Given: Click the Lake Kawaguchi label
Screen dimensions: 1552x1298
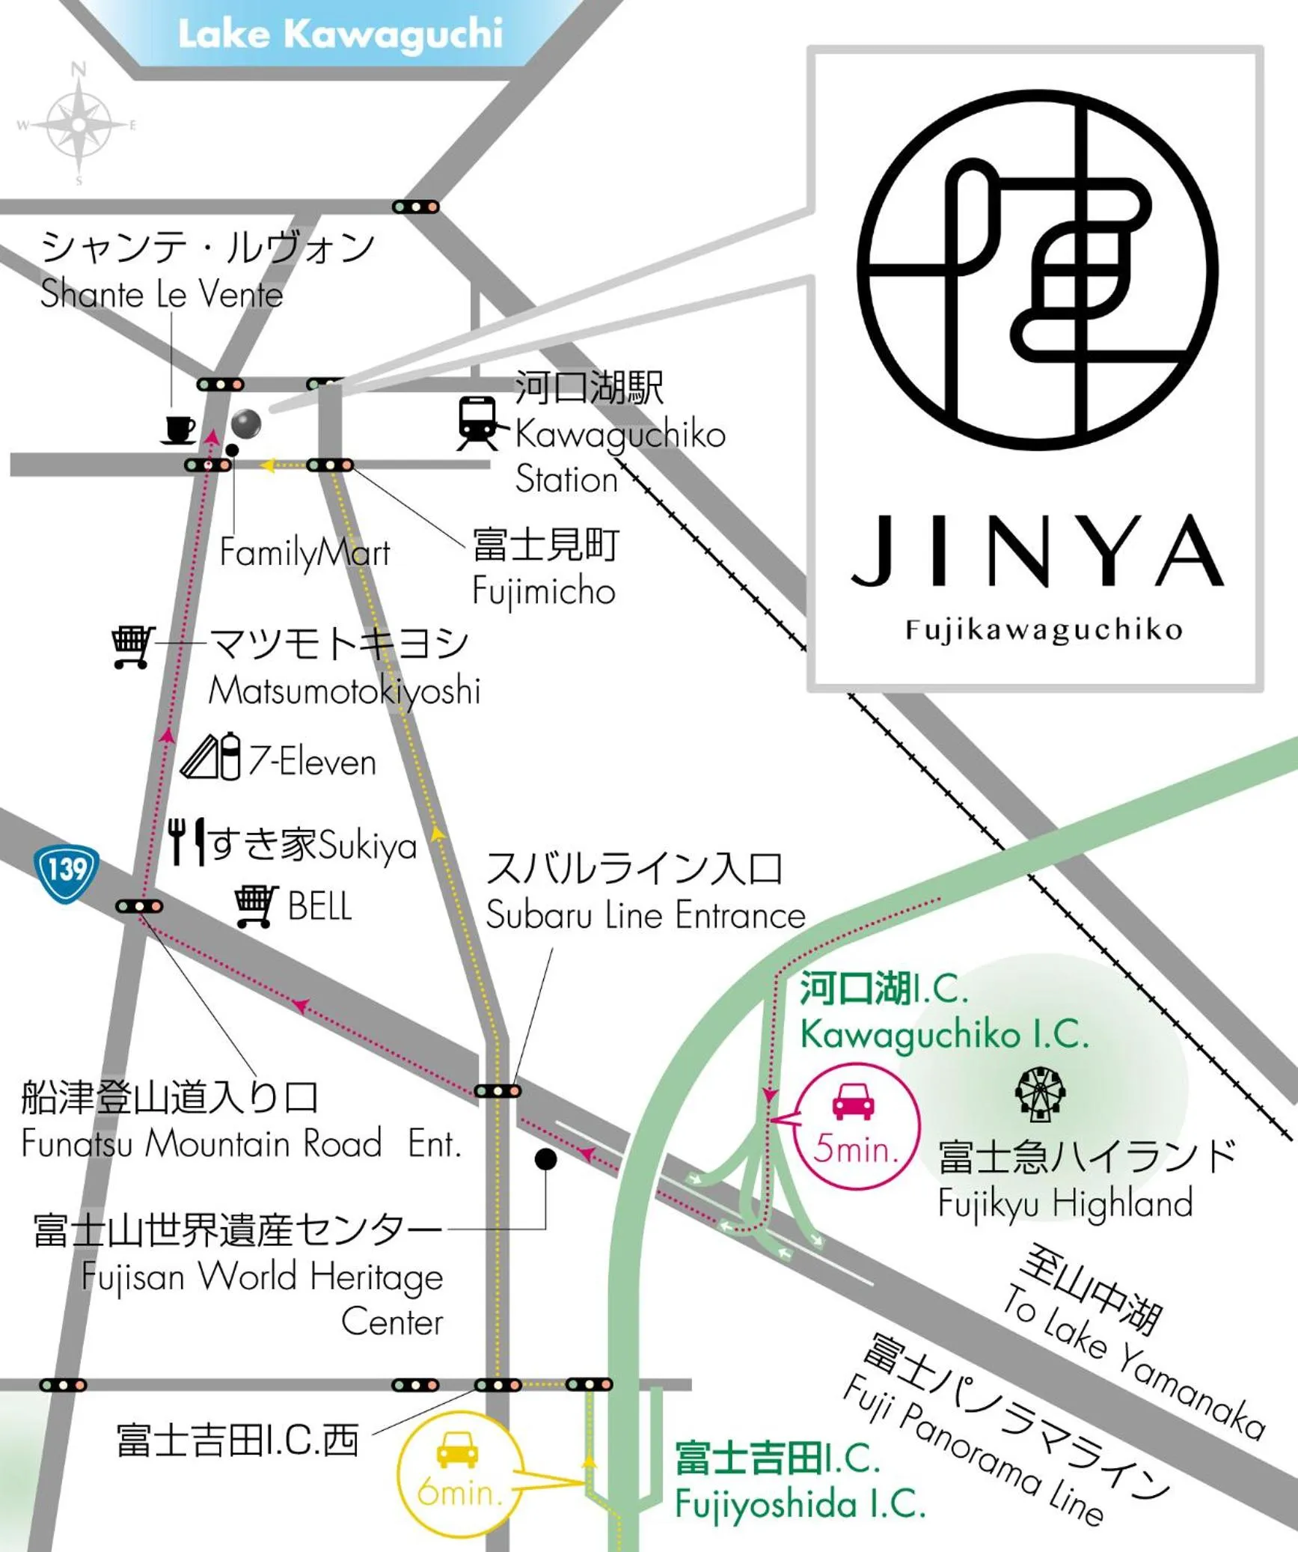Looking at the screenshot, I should click(340, 34).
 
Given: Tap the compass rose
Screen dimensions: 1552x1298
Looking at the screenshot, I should click(78, 123).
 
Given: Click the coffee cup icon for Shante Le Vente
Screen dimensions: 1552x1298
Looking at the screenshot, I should click(179, 430).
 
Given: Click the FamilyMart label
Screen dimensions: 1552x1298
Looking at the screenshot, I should click(304, 554).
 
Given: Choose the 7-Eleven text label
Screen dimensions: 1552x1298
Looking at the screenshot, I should click(312, 762).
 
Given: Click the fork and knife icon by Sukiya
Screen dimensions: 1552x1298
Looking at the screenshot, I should click(186, 841).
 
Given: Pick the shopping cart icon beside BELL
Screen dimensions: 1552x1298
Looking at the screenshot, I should click(256, 905).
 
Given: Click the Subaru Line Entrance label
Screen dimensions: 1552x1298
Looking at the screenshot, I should click(645, 914).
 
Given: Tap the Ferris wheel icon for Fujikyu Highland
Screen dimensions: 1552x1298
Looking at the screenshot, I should click(1040, 1094).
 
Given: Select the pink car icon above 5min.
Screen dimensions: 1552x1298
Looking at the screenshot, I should click(854, 1101).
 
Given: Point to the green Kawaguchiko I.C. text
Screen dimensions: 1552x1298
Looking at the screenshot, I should click(944, 1035).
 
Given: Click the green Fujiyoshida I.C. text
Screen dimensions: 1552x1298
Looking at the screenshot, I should click(800, 1503).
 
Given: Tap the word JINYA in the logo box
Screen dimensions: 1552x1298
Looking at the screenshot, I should click(1037, 551).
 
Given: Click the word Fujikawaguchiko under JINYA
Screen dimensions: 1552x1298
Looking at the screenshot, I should click(1044, 630).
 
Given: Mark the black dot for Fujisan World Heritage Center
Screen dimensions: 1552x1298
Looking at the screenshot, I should click(545, 1159).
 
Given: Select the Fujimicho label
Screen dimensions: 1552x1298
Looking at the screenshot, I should click(544, 591).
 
